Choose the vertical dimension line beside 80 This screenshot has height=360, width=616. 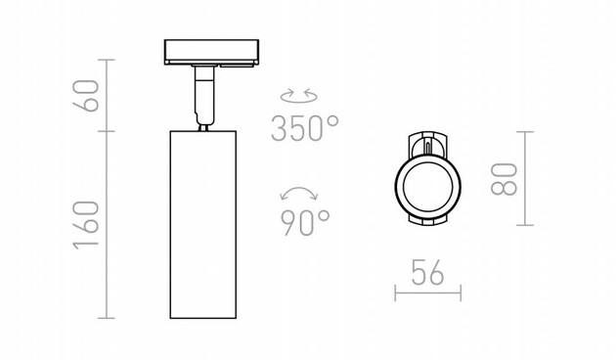coord(528,178)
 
